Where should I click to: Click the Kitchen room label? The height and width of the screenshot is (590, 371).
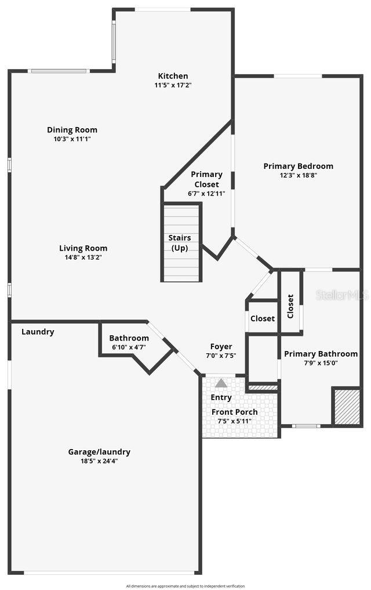173,76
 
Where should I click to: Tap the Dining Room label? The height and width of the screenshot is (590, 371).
72,130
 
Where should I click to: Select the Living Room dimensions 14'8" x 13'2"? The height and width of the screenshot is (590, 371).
83,258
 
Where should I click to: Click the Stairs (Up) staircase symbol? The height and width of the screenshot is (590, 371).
181,242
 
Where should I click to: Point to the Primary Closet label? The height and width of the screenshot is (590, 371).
206,179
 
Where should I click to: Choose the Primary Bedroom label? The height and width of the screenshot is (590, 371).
298,166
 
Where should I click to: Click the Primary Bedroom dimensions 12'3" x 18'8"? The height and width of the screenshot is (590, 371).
298,175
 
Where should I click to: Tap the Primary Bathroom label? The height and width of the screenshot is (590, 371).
321,354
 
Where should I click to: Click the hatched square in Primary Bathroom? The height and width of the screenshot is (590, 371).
347,406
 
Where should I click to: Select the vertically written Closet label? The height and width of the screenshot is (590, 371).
290,306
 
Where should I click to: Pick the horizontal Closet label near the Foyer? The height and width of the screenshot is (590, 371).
263,318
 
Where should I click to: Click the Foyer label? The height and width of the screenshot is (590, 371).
221,347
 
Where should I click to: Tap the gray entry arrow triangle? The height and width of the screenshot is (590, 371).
221,383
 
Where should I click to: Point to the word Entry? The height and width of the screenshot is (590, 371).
221,397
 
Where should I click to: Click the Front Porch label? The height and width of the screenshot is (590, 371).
234,412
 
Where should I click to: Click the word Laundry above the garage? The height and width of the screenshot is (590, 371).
38,332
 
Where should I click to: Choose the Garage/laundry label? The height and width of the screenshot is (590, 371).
99,452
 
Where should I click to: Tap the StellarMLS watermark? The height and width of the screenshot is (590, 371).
342,295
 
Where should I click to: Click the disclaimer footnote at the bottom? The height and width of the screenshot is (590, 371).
185,586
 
